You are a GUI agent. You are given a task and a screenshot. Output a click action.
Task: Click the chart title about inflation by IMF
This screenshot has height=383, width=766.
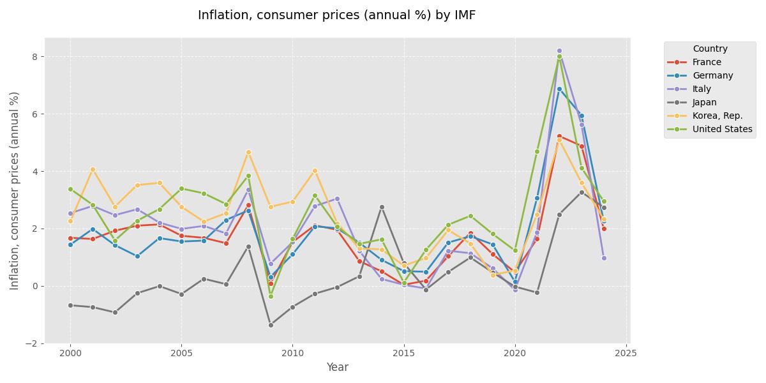point(336,15)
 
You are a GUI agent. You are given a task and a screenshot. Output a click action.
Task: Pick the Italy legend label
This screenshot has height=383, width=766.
point(702,89)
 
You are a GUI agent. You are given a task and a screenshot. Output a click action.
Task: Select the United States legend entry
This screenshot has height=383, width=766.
point(722,129)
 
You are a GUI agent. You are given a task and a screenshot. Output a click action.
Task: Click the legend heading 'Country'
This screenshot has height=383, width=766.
point(710,49)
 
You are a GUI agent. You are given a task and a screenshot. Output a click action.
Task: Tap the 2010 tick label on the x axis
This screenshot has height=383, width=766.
point(292,352)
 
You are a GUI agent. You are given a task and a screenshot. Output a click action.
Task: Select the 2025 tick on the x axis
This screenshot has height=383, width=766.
point(626,352)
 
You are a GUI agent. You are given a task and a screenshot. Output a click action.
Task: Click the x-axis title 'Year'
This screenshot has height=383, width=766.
point(337,367)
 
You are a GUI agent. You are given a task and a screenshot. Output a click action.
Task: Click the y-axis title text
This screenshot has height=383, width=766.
point(15,190)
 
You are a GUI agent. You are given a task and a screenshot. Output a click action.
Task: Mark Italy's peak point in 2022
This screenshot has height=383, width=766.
point(559,50)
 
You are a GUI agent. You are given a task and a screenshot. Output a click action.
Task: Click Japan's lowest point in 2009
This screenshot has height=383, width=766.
point(271,325)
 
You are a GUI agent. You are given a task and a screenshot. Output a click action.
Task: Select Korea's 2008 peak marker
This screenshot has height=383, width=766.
point(248,152)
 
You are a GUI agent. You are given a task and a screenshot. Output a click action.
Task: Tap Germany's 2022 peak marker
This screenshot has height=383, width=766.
point(559,89)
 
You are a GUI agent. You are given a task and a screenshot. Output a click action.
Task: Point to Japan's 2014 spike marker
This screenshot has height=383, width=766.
point(382,207)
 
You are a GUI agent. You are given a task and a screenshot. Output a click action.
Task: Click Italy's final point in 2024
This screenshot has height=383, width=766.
point(604,258)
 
